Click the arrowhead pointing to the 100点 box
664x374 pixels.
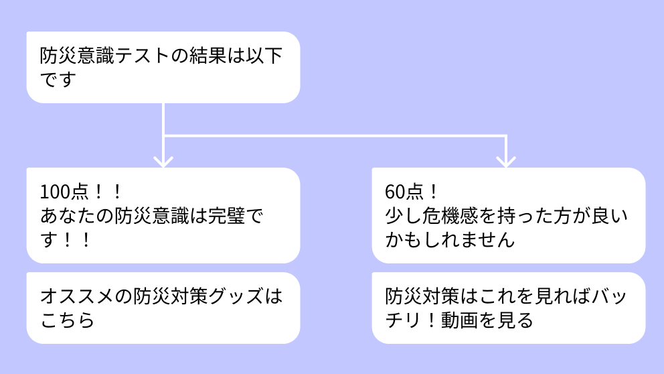click(163, 161)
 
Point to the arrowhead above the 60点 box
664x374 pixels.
click(506, 161)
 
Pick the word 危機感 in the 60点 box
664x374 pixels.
click(453, 216)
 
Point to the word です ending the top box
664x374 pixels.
click(58, 80)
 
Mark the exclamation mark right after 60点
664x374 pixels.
click(432, 192)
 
